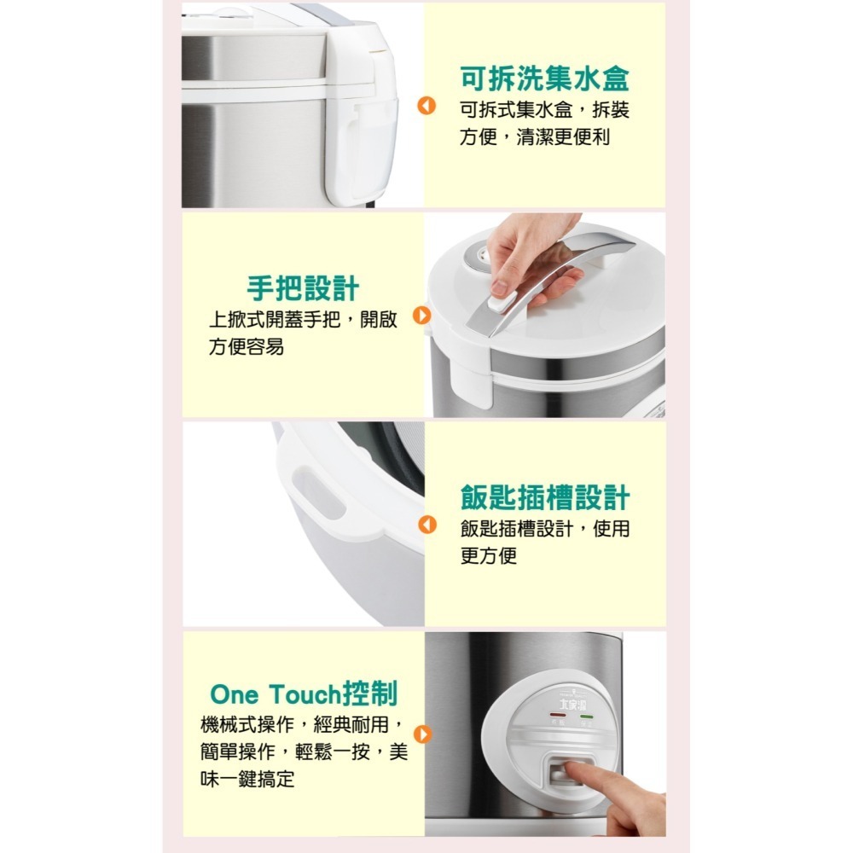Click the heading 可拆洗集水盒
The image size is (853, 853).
tap(544, 78)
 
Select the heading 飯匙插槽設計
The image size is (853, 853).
tap(544, 497)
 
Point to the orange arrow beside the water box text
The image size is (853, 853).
tap(426, 107)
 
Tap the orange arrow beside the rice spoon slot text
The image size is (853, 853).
tap(426, 526)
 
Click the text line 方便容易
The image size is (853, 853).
tap(247, 348)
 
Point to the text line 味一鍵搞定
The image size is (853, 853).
tap(247, 779)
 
